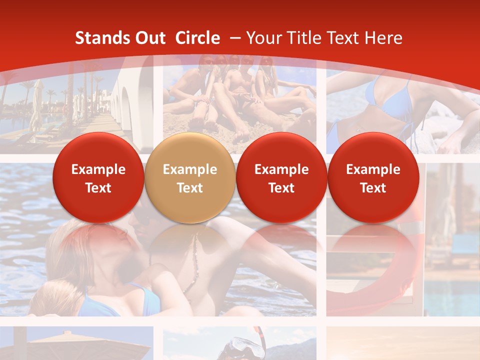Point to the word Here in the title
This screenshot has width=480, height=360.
(383, 38)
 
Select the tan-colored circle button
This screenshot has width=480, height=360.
(190, 178)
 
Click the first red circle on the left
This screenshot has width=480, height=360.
(98, 178)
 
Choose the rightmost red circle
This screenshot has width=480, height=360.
(373, 178)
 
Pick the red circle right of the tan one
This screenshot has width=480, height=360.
(281, 178)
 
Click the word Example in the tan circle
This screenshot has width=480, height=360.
(190, 169)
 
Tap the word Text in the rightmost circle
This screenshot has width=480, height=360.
(373, 188)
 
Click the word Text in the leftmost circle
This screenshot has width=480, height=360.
(98, 188)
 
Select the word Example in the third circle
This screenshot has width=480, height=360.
(281, 169)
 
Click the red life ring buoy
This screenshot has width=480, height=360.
(380, 280)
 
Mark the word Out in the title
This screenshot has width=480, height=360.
(150, 38)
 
